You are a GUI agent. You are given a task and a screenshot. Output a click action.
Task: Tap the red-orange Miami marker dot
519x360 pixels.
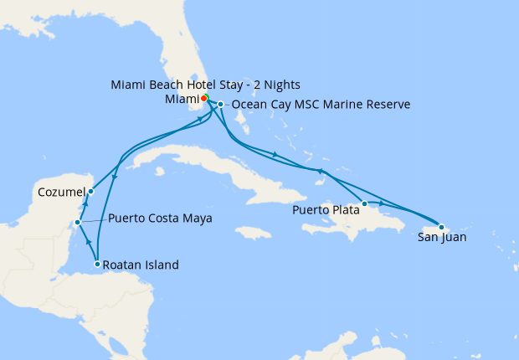205,98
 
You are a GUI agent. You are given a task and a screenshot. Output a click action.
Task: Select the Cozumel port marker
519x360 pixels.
90,192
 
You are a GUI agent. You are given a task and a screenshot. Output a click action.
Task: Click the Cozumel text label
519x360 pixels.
60,193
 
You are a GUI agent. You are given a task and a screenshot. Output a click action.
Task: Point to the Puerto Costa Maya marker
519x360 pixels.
77,223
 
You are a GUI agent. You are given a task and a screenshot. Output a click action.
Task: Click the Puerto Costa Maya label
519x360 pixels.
159,219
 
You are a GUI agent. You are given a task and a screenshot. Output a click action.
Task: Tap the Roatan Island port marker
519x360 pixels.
98,265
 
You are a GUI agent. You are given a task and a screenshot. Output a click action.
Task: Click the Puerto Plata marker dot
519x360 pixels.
365,203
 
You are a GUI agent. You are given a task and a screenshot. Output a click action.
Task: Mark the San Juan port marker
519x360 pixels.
441,227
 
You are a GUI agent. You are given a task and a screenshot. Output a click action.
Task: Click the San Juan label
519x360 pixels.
441,238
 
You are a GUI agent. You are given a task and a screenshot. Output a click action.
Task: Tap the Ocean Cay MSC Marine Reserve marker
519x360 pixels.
220,105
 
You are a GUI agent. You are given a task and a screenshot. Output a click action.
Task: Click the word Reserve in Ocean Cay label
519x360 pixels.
385,105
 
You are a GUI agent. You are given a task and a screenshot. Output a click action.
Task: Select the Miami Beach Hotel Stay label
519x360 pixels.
205,85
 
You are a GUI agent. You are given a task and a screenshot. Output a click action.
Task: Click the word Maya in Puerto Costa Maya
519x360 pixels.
198,219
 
